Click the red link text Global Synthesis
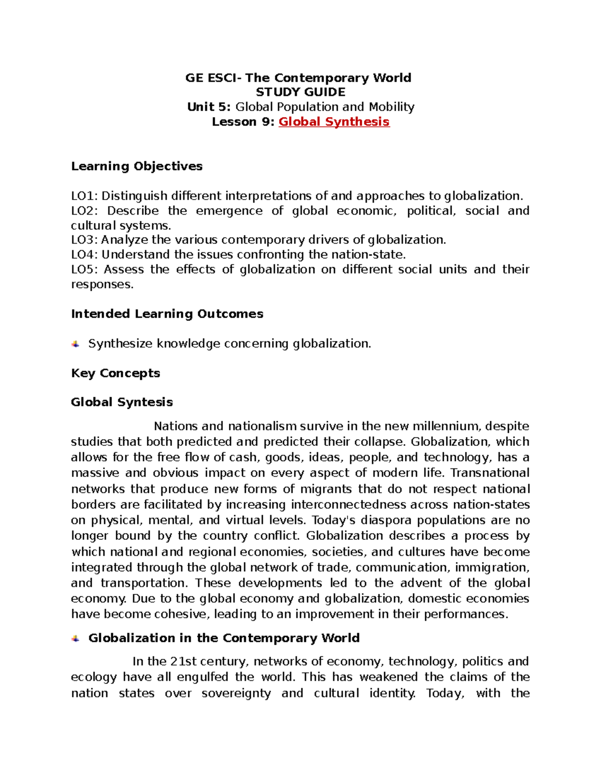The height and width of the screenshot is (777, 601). pos(334,122)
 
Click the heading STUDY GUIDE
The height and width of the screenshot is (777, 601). pos(300,92)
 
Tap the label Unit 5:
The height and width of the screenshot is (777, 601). pos(209,107)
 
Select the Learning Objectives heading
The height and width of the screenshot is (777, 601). pos(137,166)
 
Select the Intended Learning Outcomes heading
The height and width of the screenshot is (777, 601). pos(167,314)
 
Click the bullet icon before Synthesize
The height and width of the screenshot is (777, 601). pos(76,344)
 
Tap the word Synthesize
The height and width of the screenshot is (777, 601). pos(120,344)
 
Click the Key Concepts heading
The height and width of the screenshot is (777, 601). pos(115,373)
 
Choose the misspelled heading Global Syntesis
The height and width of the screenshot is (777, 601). pos(122,402)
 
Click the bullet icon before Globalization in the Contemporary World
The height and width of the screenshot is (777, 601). pos(76,638)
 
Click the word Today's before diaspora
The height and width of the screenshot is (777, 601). pos(334,520)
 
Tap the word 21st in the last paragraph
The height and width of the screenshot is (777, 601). pos(183,661)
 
